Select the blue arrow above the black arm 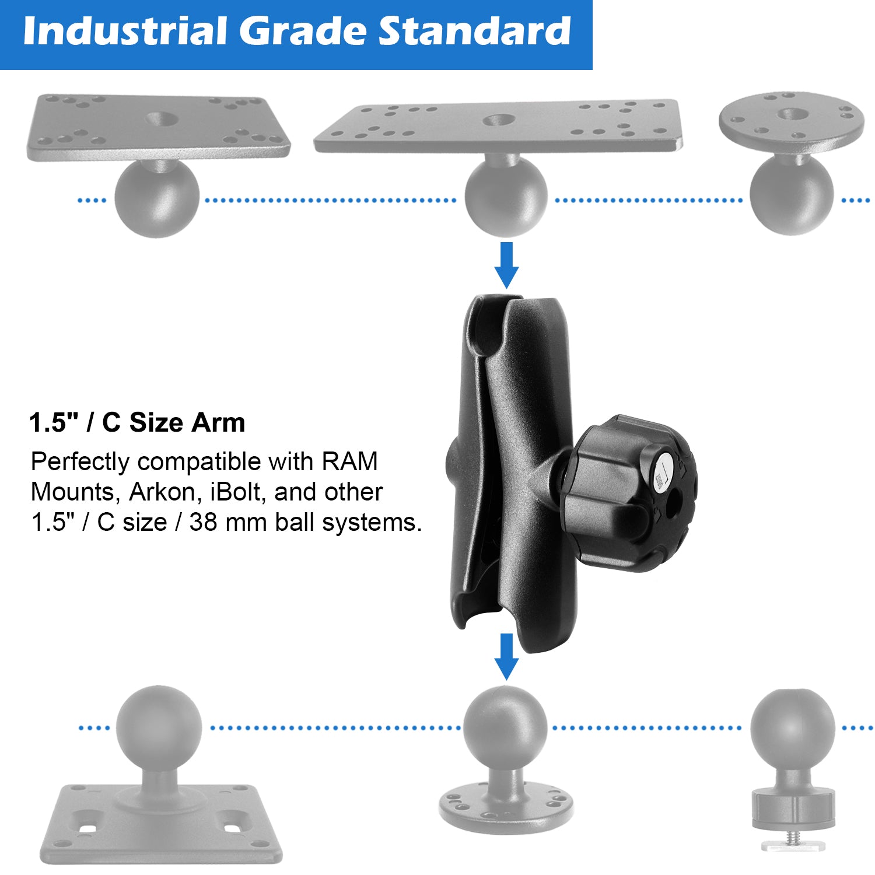click(506, 264)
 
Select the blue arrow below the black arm click(506, 656)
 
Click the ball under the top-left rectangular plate click(157, 198)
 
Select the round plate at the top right click(791, 120)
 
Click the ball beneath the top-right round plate click(792, 195)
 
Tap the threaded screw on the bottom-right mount click(792, 838)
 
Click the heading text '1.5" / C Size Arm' click(137, 422)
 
